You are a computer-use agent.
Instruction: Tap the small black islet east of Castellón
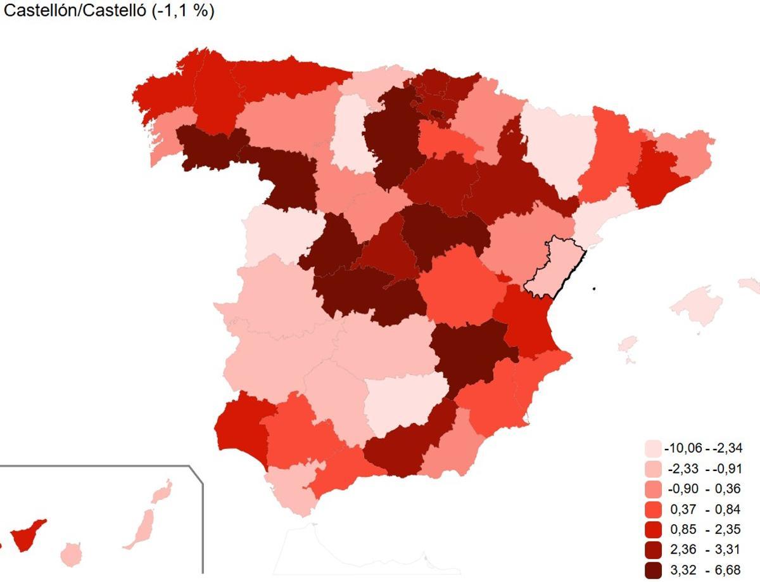pos(595,289)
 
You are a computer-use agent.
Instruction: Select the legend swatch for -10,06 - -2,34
pos(652,448)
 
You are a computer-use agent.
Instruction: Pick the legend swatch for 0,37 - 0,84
pos(652,509)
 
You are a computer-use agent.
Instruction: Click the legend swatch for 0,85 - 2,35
pos(652,529)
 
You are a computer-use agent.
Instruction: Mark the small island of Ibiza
pos(627,344)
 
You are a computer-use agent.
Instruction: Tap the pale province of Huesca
pos(557,146)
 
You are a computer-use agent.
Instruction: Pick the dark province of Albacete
pos(469,352)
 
